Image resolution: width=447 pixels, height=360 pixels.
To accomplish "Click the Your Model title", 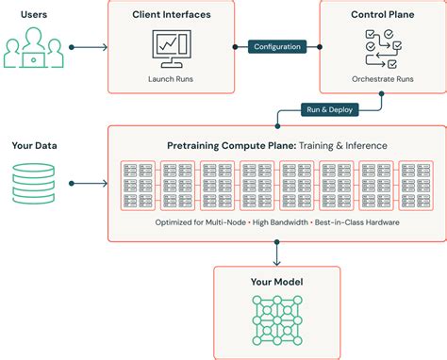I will (x=275, y=282).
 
